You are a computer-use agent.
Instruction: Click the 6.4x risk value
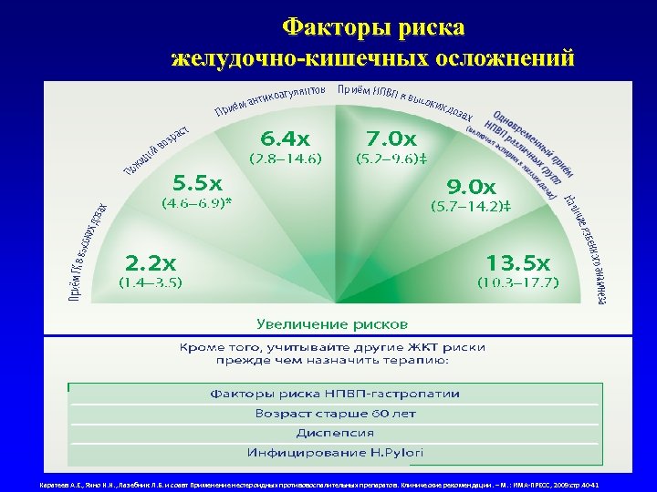pyautogui.click(x=285, y=139)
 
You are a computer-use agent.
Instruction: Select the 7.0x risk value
pyautogui.click(x=391, y=139)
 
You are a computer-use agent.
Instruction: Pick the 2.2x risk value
pyautogui.click(x=151, y=263)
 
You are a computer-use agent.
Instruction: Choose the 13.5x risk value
pyautogui.click(x=517, y=263)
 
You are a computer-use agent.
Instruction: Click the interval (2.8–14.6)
pyautogui.click(x=286, y=159)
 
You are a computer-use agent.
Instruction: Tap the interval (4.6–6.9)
pyautogui.click(x=196, y=202)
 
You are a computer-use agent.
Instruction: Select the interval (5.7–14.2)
pyautogui.click(x=470, y=206)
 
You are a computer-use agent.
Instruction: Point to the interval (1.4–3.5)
pyautogui.click(x=151, y=282)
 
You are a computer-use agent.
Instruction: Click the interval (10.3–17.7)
pyautogui.click(x=517, y=282)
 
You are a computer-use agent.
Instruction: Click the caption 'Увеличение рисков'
pyautogui.click(x=332, y=323)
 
